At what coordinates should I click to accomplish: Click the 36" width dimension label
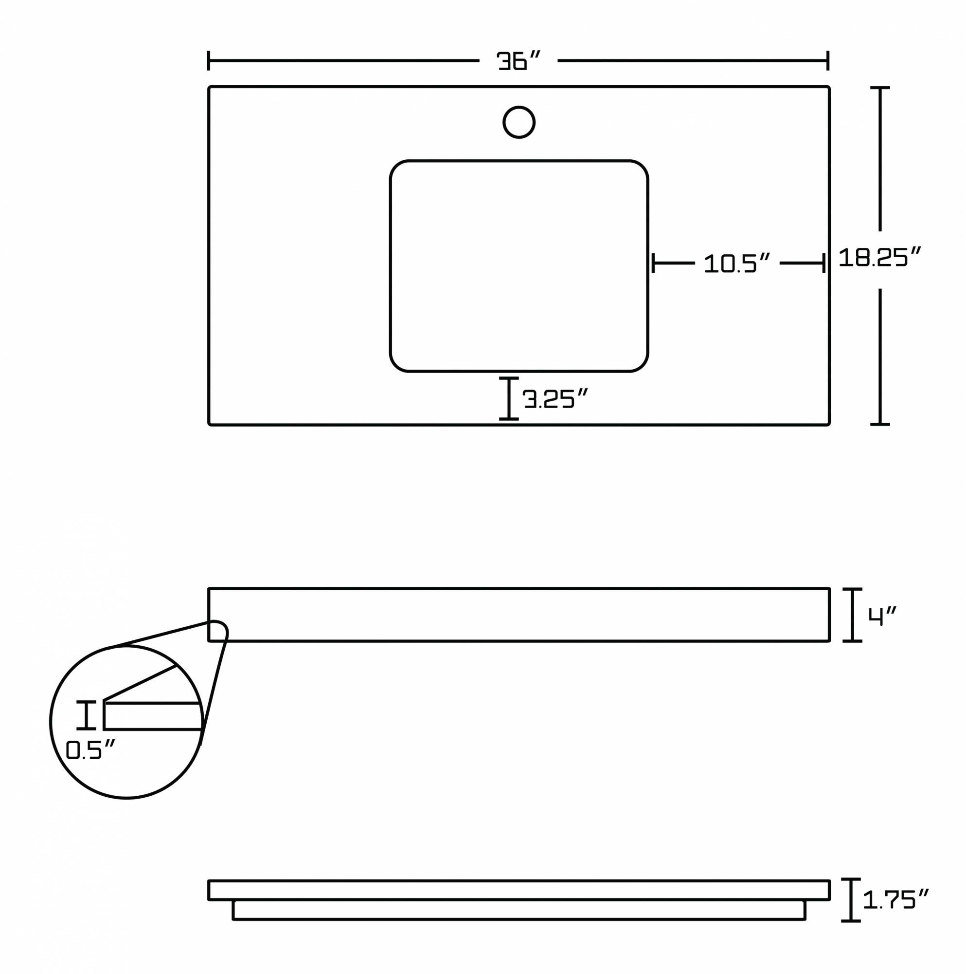click(518, 60)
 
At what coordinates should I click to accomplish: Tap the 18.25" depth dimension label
click(880, 257)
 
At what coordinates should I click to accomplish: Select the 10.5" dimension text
click(737, 262)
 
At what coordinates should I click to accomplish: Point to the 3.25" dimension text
click(555, 398)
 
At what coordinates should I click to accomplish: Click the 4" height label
click(882, 615)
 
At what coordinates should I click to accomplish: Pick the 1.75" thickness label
click(895, 899)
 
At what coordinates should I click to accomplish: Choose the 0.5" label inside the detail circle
click(90, 749)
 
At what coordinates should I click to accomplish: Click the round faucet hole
click(519, 122)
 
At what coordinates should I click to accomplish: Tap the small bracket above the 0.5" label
click(86, 715)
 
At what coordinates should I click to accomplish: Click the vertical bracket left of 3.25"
click(509, 398)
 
